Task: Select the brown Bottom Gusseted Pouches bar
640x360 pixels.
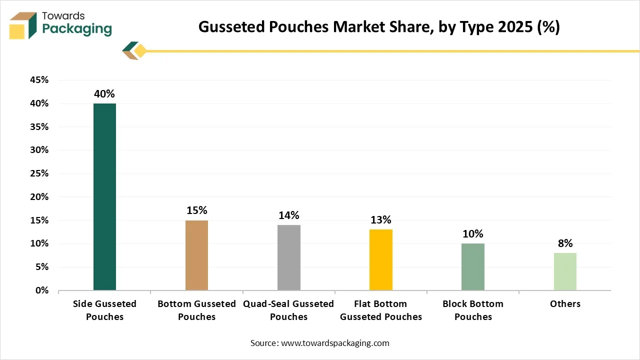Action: (x=196, y=255)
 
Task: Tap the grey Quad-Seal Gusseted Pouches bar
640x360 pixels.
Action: (x=288, y=257)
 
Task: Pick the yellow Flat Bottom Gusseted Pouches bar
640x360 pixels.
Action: (x=381, y=259)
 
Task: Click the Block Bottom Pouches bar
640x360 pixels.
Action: (x=473, y=266)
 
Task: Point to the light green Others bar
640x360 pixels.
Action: (x=565, y=271)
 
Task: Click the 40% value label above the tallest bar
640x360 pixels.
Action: (x=104, y=94)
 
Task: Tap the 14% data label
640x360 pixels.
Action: (x=288, y=215)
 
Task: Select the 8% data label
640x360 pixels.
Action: (x=565, y=243)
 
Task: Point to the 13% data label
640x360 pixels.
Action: (x=381, y=220)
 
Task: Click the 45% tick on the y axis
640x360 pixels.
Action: (x=38, y=80)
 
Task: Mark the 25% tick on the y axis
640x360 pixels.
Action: (x=38, y=173)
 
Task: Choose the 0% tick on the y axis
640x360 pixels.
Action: (x=41, y=290)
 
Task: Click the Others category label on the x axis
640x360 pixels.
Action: (x=565, y=304)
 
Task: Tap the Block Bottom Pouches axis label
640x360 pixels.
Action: (x=473, y=310)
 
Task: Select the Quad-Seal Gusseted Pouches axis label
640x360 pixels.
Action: (x=288, y=310)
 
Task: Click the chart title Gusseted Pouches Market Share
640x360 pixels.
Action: (x=379, y=27)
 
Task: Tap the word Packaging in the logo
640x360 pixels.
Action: (x=77, y=29)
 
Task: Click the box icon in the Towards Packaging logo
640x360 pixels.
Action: (x=23, y=25)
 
